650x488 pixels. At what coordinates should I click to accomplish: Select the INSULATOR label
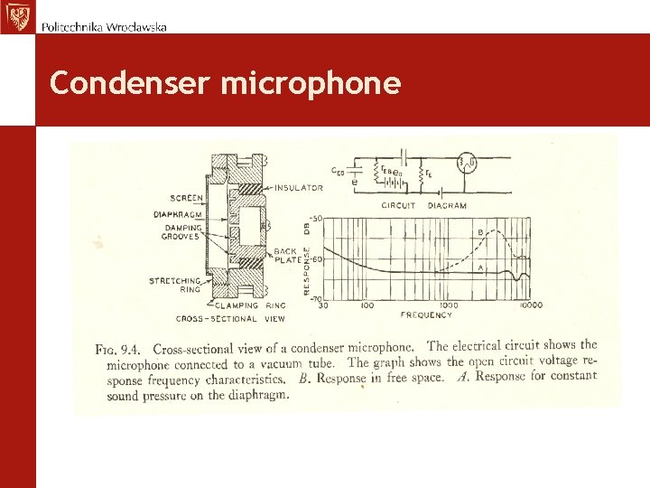click(x=298, y=188)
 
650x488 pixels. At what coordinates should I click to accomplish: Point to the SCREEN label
click(x=186, y=198)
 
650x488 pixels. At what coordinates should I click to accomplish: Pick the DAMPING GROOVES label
click(x=181, y=232)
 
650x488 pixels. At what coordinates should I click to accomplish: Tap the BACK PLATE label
click(x=286, y=255)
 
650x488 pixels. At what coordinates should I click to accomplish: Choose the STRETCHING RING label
click(x=177, y=286)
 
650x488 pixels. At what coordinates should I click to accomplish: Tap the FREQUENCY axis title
click(x=426, y=314)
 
